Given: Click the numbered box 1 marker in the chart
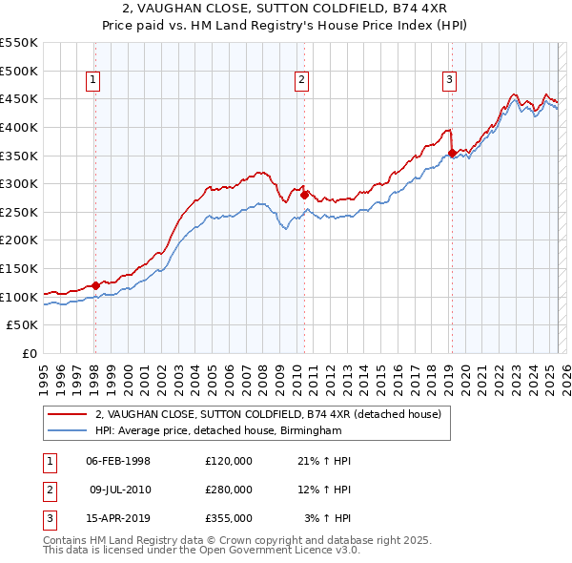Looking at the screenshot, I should click(93, 81).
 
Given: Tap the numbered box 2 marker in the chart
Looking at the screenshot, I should click(301, 81).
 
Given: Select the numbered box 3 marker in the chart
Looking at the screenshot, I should click(449, 81).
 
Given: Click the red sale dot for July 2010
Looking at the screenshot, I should click(305, 195).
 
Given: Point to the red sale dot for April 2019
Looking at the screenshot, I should click(452, 152).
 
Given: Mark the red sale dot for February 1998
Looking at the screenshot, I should click(95, 285).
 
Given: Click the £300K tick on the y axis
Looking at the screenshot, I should click(19, 183).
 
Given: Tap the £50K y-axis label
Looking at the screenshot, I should click(24, 325).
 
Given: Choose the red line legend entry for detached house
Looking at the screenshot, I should click(268, 414).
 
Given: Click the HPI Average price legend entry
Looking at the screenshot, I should click(217, 430).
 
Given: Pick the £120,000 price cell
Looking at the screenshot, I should click(229, 461).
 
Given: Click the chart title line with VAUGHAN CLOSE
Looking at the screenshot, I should click(286, 10).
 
